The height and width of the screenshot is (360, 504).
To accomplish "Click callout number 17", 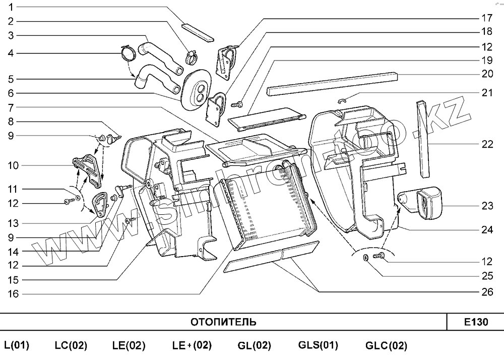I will coord(486,18).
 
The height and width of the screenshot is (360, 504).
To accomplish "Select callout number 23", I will coord(486,206).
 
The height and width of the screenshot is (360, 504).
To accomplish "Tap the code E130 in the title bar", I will coord(476,322).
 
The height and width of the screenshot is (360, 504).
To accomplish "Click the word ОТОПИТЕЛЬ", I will coord(223,322).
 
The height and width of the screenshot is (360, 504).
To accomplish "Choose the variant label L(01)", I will coord(17,346).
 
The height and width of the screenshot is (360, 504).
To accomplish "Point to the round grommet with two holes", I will coord(198,89).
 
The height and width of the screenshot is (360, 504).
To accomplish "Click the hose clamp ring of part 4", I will coord(128,52).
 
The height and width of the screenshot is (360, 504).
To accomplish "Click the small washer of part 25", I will coord(364,259).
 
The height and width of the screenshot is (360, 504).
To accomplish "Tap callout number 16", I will coord(13,294).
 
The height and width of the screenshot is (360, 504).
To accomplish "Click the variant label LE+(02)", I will coord(192,346).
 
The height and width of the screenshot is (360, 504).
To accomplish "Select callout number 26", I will coord(486,292).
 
